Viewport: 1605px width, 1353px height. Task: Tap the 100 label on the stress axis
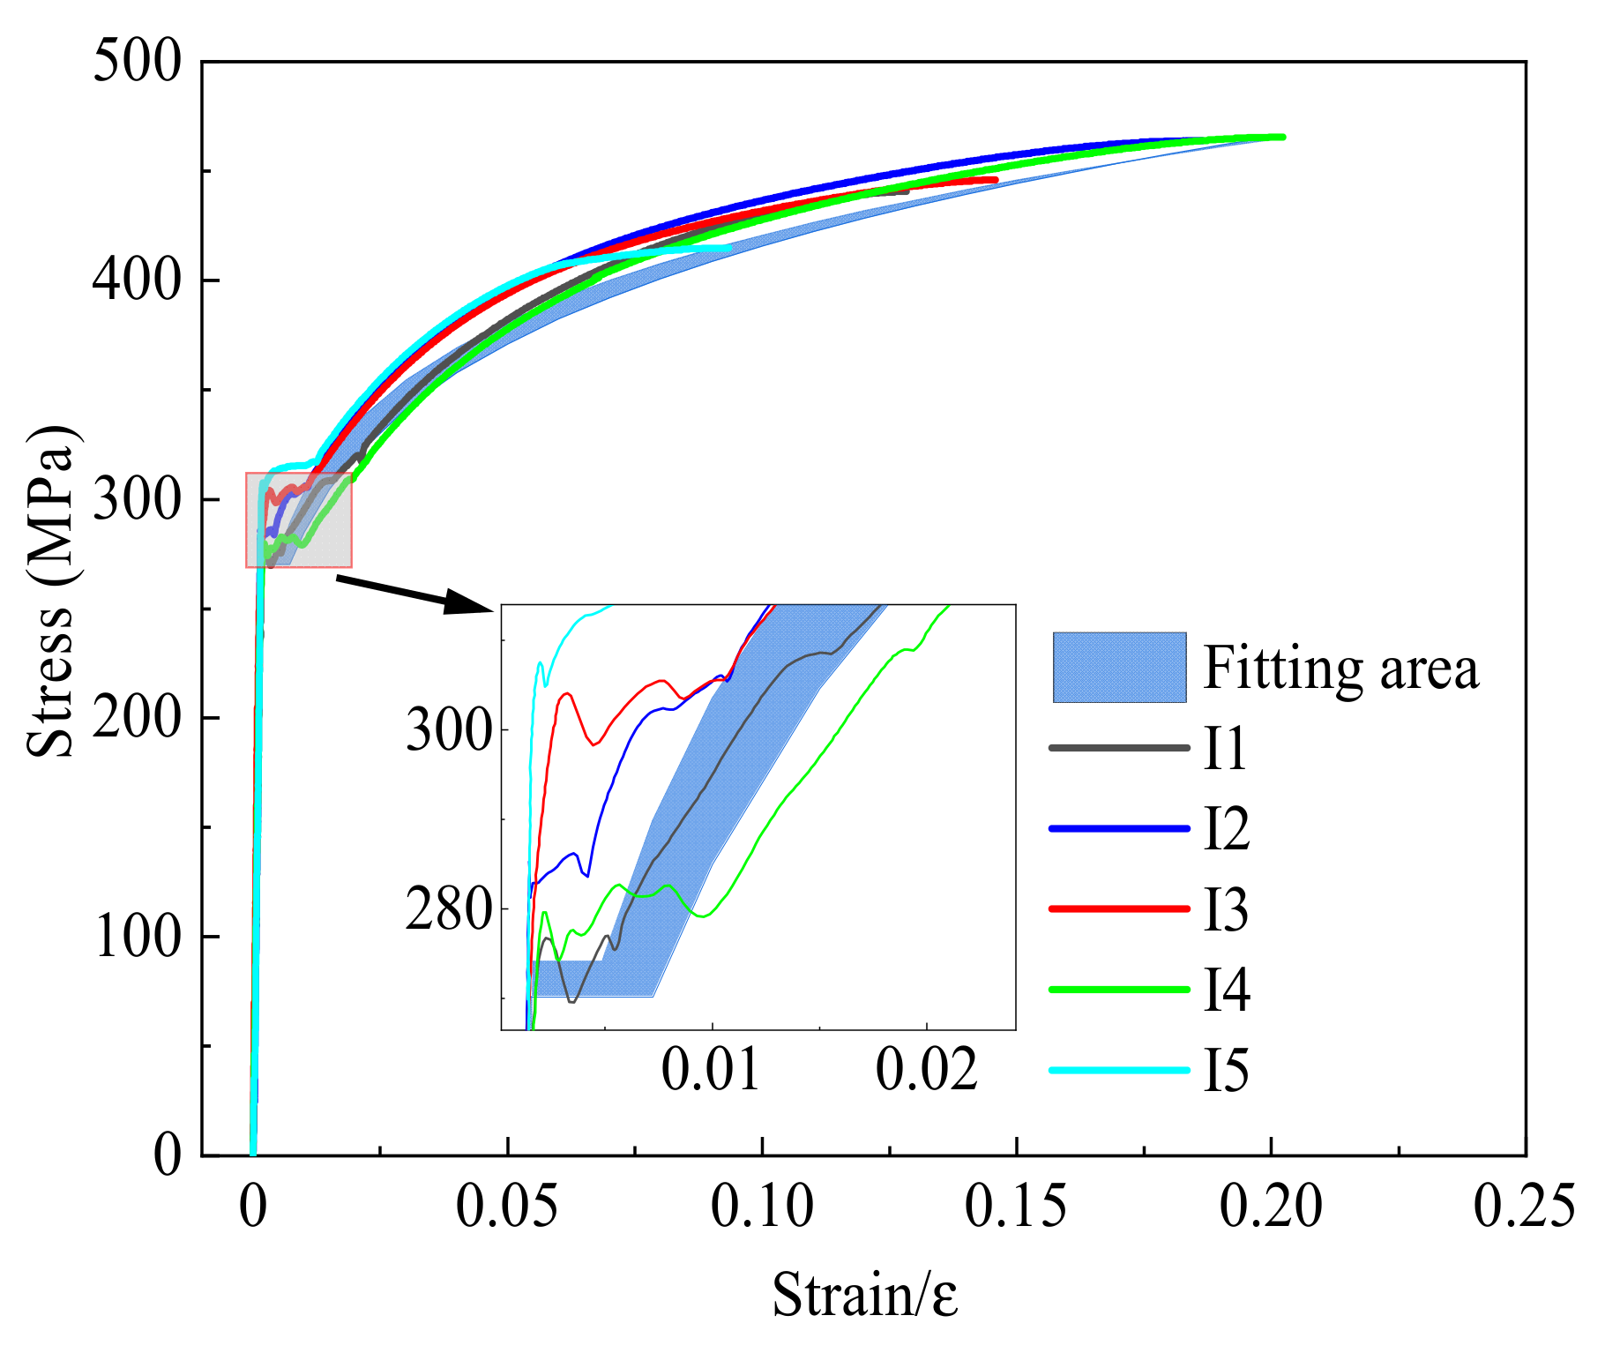(x=137, y=936)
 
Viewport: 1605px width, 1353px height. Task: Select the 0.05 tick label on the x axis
(x=507, y=1206)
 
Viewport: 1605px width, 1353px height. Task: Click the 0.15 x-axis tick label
(x=1016, y=1206)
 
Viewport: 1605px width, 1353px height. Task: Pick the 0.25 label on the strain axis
(x=1524, y=1206)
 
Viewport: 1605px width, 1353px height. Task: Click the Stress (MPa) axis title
(x=50, y=592)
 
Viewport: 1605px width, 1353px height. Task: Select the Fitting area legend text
(x=1340, y=668)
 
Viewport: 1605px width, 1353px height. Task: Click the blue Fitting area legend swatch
(x=1119, y=668)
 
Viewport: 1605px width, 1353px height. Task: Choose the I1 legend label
(x=1226, y=749)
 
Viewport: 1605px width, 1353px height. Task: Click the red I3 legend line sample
(x=1119, y=908)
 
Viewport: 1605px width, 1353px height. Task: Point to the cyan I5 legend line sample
(x=1119, y=1070)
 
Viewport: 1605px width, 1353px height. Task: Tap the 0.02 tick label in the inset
(x=927, y=1070)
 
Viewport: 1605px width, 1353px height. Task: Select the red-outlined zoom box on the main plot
(x=299, y=520)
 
